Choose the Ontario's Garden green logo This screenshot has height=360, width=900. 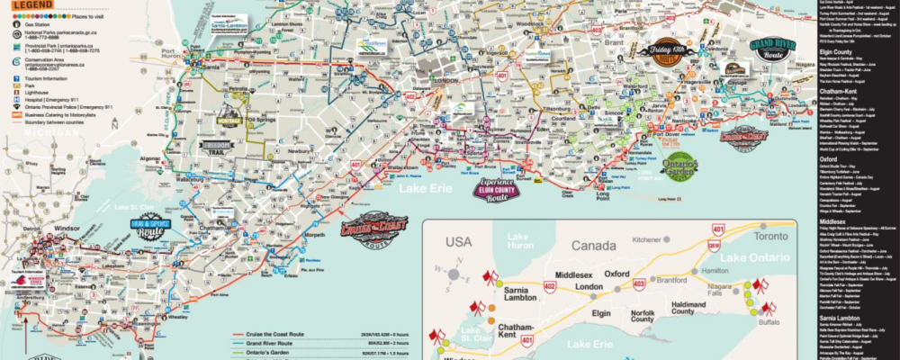tap(679, 165)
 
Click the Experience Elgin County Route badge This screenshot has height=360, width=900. tap(508, 189)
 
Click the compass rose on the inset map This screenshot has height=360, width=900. tap(455, 274)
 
